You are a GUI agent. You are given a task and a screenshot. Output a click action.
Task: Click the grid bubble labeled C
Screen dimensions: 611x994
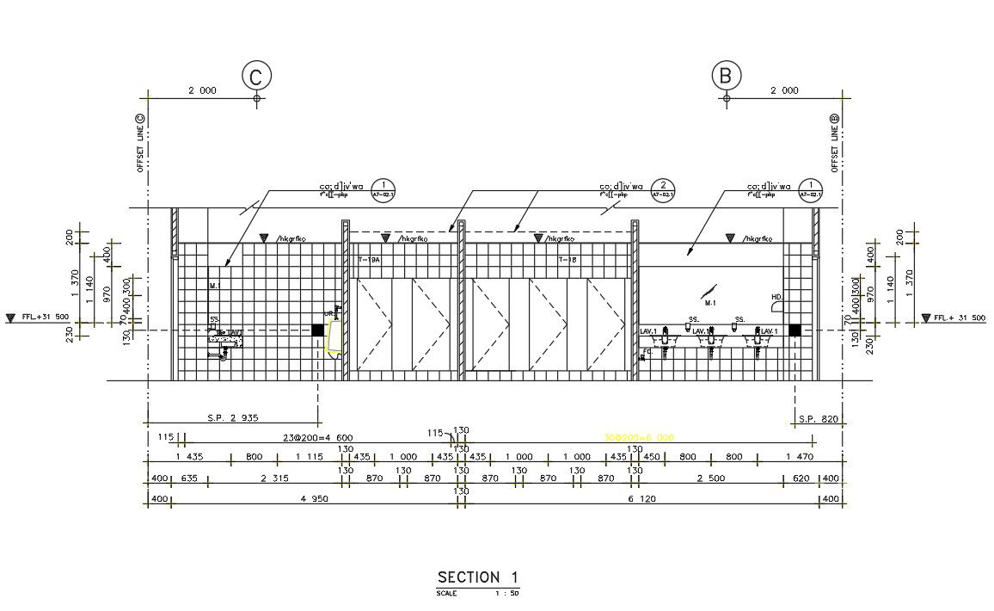pyautogui.click(x=256, y=77)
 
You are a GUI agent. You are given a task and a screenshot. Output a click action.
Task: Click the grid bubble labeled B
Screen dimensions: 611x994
pyautogui.click(x=726, y=77)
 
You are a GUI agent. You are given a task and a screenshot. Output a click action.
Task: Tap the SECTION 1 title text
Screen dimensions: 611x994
pyautogui.click(x=478, y=577)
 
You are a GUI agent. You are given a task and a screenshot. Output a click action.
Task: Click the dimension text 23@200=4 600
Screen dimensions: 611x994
pyautogui.click(x=317, y=437)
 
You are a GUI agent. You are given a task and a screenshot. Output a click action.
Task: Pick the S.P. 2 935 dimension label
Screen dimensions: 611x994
pyautogui.click(x=232, y=418)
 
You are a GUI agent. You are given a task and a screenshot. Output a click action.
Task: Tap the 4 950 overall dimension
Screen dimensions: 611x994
pyautogui.click(x=315, y=498)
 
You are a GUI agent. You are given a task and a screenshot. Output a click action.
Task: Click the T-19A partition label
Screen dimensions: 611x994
pyautogui.click(x=369, y=258)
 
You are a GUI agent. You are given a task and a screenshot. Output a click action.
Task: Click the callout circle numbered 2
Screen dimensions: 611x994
pyautogui.click(x=662, y=187)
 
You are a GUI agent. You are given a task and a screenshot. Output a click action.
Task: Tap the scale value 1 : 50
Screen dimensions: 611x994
pyautogui.click(x=506, y=593)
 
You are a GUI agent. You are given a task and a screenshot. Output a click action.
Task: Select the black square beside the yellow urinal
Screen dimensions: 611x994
pyautogui.click(x=317, y=330)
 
